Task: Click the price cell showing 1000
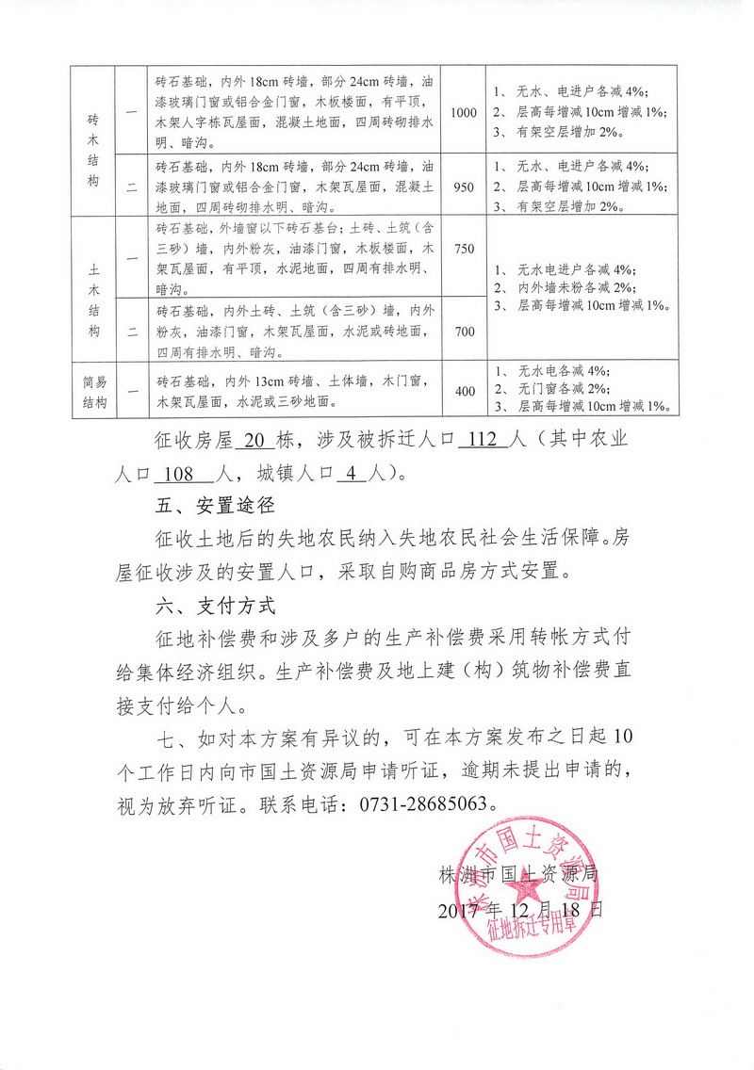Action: (x=464, y=113)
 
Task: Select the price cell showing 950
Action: (x=464, y=186)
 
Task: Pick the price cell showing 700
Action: (x=464, y=331)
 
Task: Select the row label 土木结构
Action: (x=92, y=289)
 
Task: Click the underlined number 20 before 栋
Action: (x=251, y=440)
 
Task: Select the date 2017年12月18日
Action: (x=519, y=910)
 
